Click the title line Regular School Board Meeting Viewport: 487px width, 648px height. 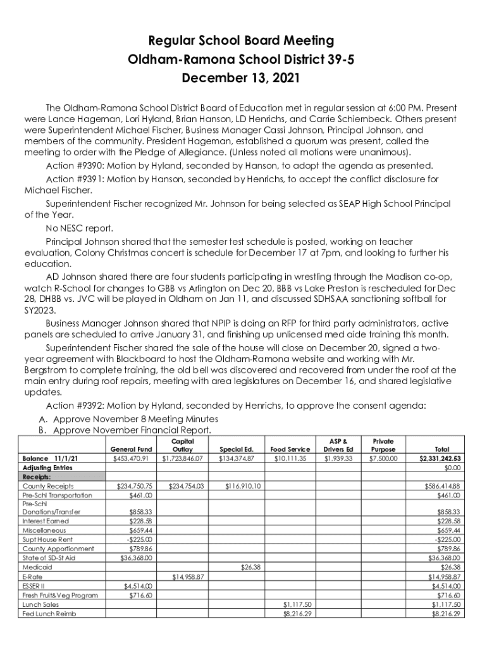click(x=240, y=41)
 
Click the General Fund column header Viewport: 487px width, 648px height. click(x=131, y=449)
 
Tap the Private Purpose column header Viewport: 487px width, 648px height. click(x=383, y=444)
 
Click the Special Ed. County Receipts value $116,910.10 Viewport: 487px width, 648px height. click(x=241, y=486)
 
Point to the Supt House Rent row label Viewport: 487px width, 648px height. click(x=47, y=539)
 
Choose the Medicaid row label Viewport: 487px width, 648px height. click(x=37, y=568)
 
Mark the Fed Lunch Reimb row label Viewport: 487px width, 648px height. click(x=49, y=614)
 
